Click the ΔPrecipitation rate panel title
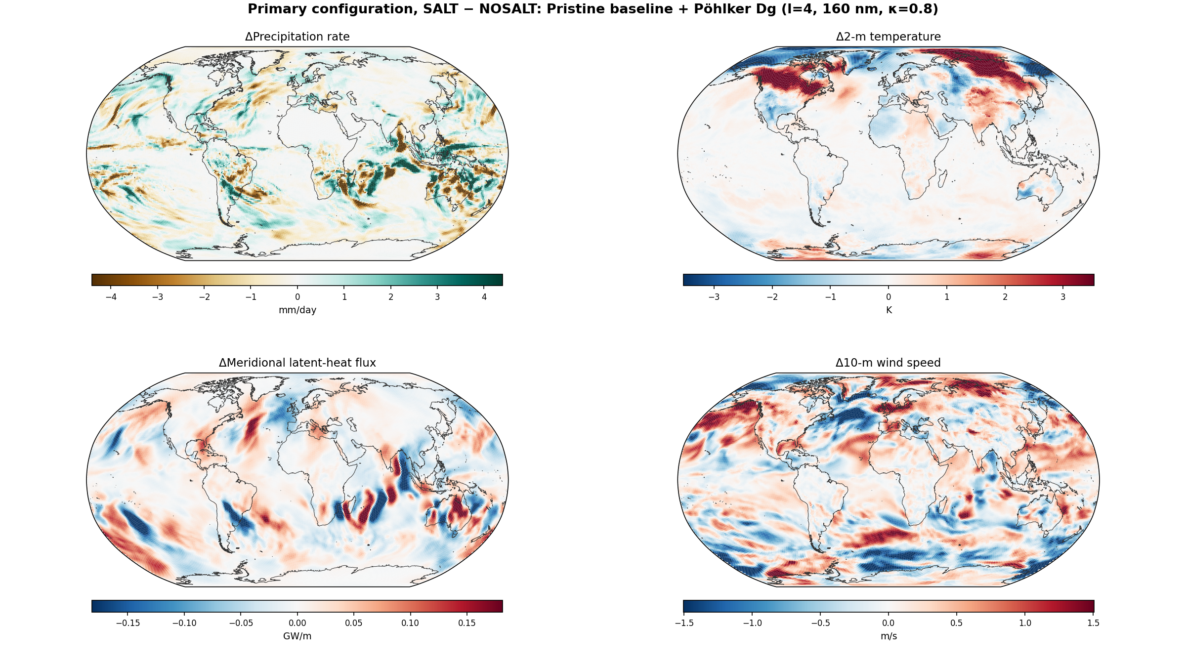pyautogui.click(x=297, y=37)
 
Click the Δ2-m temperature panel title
pyautogui.click(x=888, y=37)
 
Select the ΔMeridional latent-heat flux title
pyautogui.click(x=297, y=363)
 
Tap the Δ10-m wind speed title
pyautogui.click(x=888, y=363)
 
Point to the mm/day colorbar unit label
pyautogui.click(x=297, y=310)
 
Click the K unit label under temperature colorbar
pyautogui.click(x=889, y=310)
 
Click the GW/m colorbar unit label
pyautogui.click(x=297, y=636)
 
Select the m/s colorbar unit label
pyautogui.click(x=889, y=636)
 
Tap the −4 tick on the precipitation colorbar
pyautogui.click(x=111, y=297)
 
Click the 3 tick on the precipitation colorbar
pyautogui.click(x=437, y=297)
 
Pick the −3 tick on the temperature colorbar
pyautogui.click(x=714, y=297)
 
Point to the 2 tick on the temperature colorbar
pyautogui.click(x=1005, y=297)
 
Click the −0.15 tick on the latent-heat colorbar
pyautogui.click(x=127, y=623)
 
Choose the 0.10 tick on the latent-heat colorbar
pyautogui.click(x=410, y=623)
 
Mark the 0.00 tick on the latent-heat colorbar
pyautogui.click(x=297, y=623)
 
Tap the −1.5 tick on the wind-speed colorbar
pyautogui.click(x=684, y=623)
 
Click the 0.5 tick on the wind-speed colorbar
pyautogui.click(x=956, y=623)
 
